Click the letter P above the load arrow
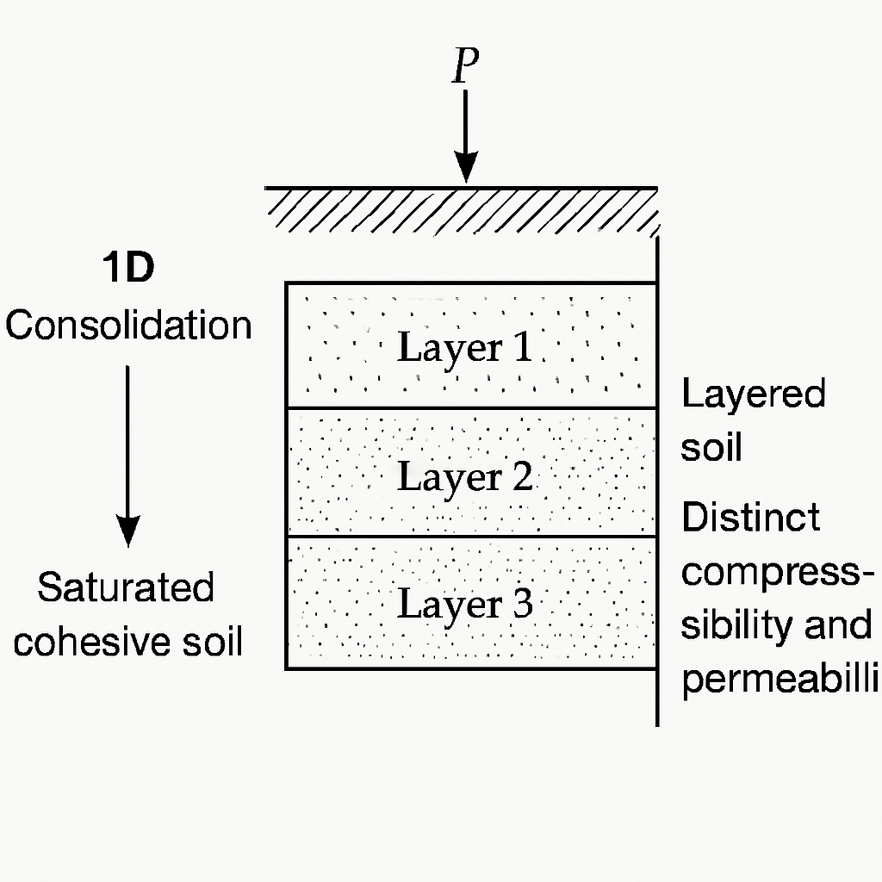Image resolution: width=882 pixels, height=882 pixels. point(465,65)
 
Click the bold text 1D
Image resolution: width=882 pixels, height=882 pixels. point(128,270)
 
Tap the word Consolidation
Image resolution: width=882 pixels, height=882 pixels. point(128,326)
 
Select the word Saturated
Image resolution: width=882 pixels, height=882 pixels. point(126,587)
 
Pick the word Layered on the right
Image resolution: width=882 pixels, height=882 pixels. point(754,395)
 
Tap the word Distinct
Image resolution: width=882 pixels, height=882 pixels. point(750,518)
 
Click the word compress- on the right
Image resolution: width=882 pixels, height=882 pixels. point(771,573)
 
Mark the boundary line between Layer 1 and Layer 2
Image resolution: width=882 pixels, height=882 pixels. point(470,407)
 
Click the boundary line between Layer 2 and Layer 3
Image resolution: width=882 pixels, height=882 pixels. point(470,537)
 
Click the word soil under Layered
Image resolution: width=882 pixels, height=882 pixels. point(711,448)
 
